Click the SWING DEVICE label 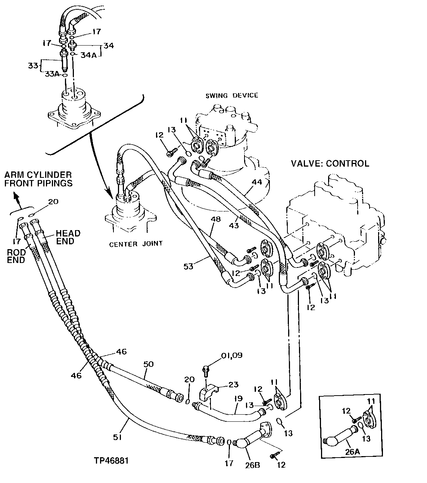tap(231, 95)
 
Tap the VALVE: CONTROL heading tap(330, 163)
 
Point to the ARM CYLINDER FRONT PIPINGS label tap(38, 179)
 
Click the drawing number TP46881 tap(111, 461)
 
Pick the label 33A tap(52, 74)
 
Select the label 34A tap(89, 55)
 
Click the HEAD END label tap(68, 237)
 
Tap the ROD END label tap(16, 256)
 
